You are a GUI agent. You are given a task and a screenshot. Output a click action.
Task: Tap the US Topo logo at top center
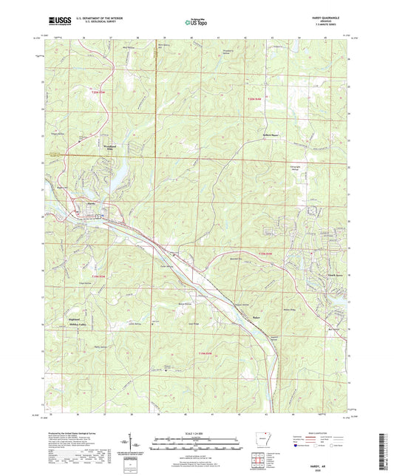196,23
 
